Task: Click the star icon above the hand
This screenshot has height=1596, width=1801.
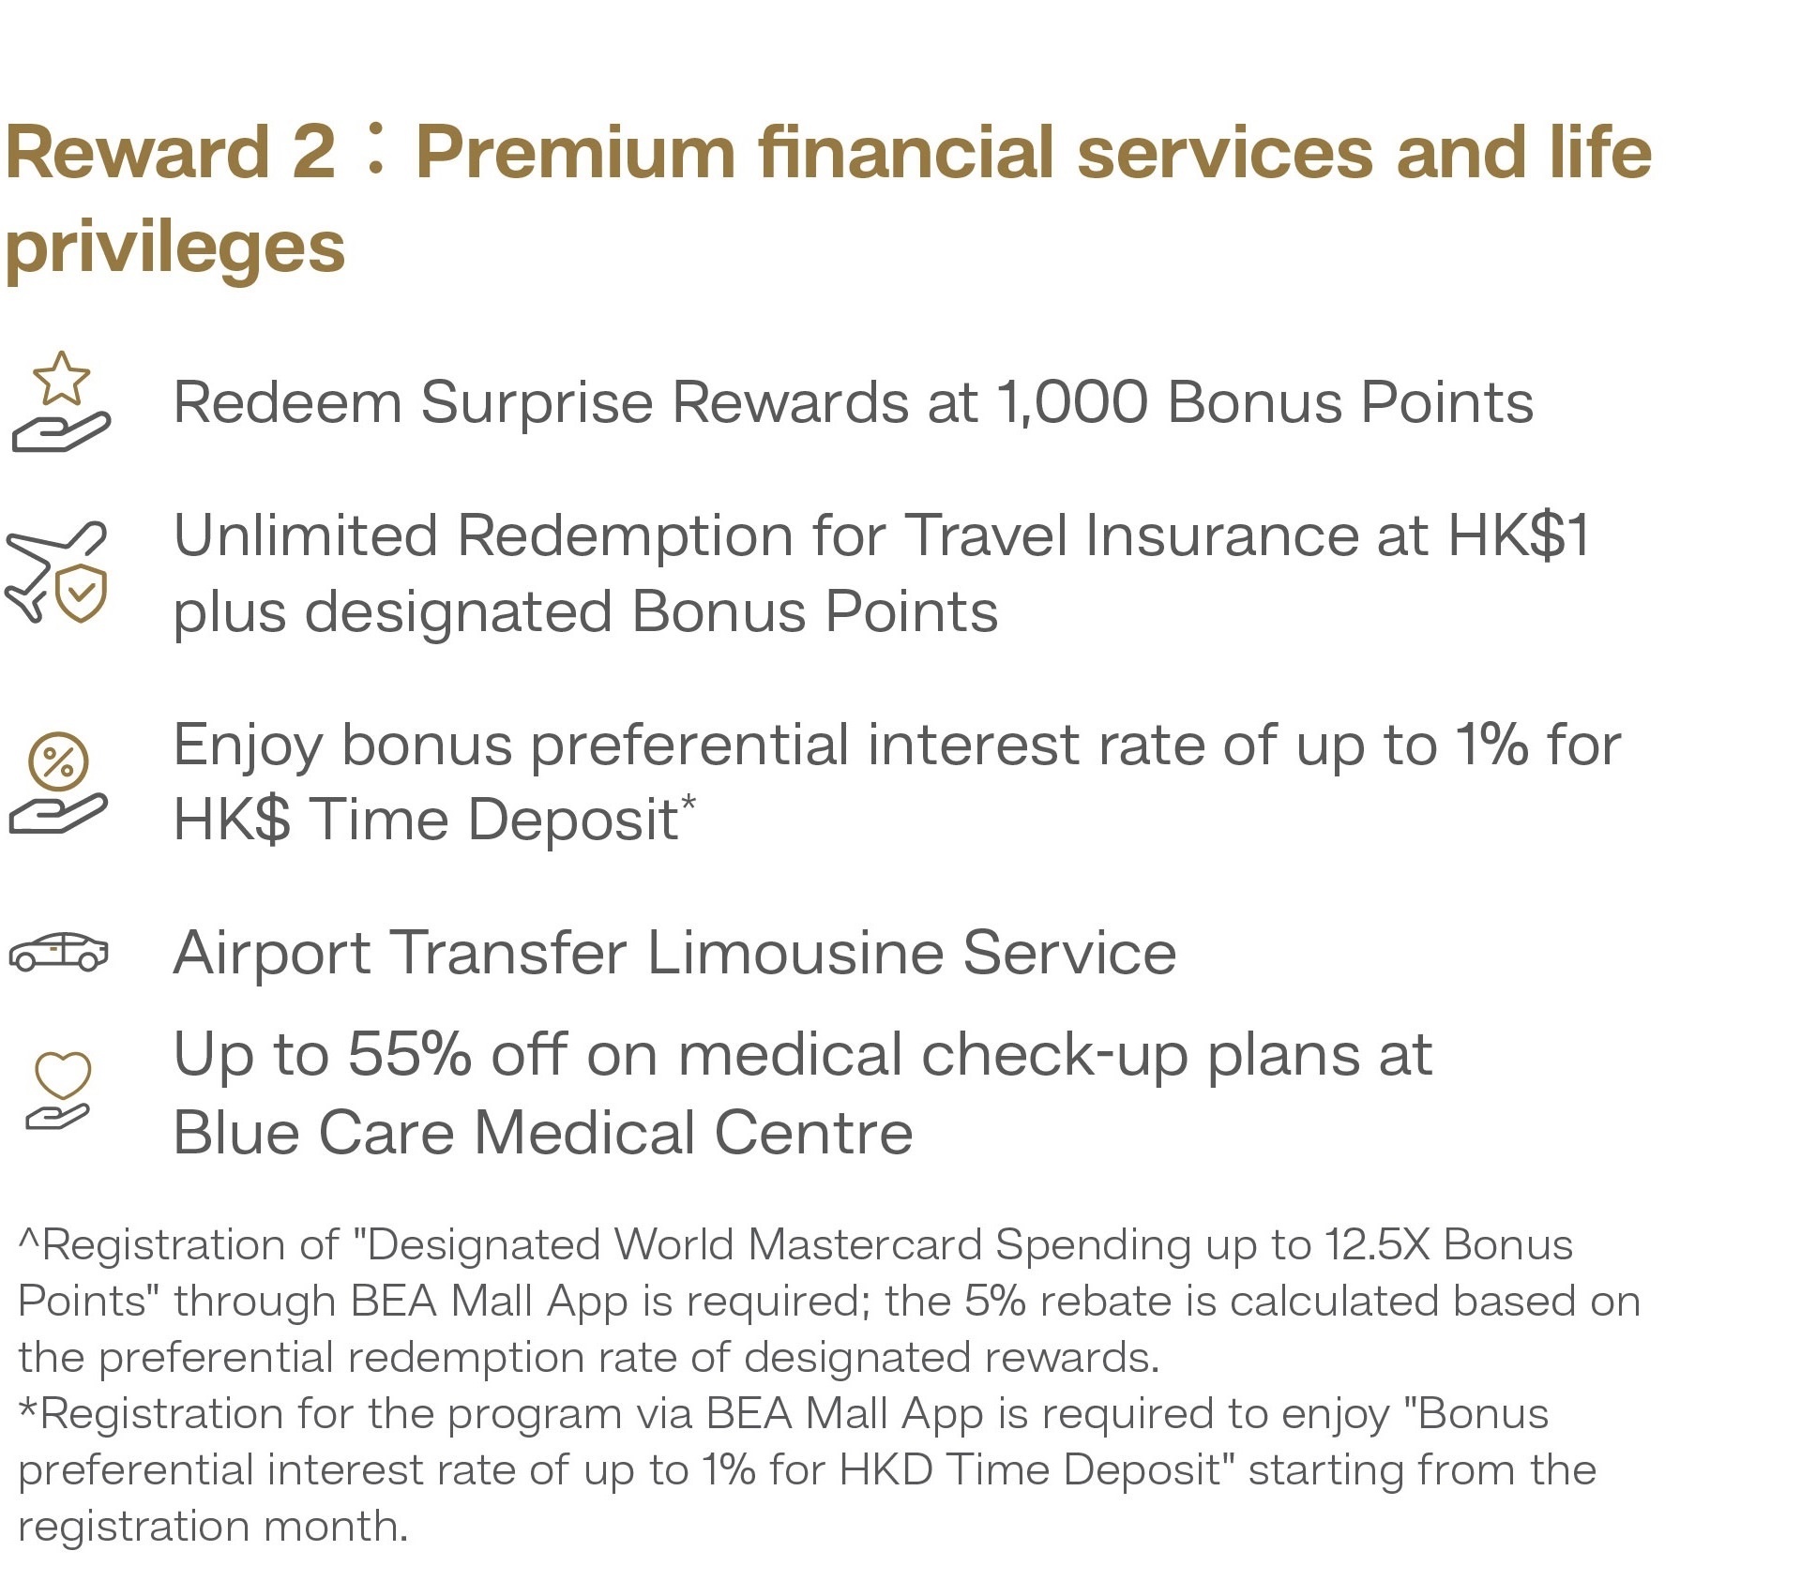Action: [x=62, y=379]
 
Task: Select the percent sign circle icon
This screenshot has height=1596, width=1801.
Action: [x=58, y=761]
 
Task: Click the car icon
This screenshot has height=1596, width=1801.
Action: [x=58, y=952]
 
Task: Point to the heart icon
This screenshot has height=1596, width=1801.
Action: [x=63, y=1075]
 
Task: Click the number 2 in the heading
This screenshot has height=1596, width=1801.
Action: [x=313, y=152]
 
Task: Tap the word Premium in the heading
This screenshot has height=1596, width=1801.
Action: [x=575, y=152]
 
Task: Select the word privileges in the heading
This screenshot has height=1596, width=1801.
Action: [x=175, y=248]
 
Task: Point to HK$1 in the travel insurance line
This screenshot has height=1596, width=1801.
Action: [x=1519, y=535]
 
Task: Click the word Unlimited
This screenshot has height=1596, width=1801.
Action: [x=306, y=535]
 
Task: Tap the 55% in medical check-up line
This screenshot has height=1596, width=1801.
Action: [x=409, y=1054]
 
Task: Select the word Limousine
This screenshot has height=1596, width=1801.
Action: [x=795, y=953]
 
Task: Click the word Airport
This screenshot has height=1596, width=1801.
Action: [x=273, y=953]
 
